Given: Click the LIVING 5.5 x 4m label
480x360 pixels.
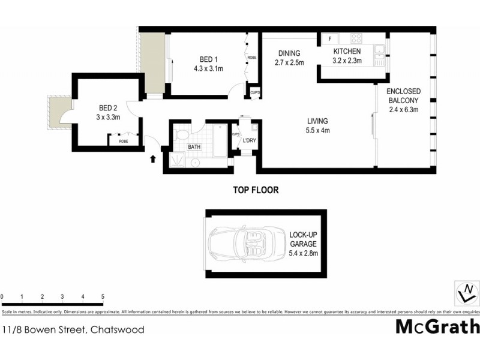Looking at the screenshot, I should coord(317,125).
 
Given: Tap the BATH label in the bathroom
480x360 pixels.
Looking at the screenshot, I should coord(194,146).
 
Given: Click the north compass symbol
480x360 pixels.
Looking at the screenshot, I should coord(466,293).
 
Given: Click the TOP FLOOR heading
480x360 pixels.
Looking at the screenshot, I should coord(256,190).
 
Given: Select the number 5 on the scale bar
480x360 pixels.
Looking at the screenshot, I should coord(103,297).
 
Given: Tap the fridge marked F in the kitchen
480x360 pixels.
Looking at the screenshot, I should coord(330,40).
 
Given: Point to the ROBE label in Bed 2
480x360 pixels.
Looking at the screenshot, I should coord(123,141).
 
